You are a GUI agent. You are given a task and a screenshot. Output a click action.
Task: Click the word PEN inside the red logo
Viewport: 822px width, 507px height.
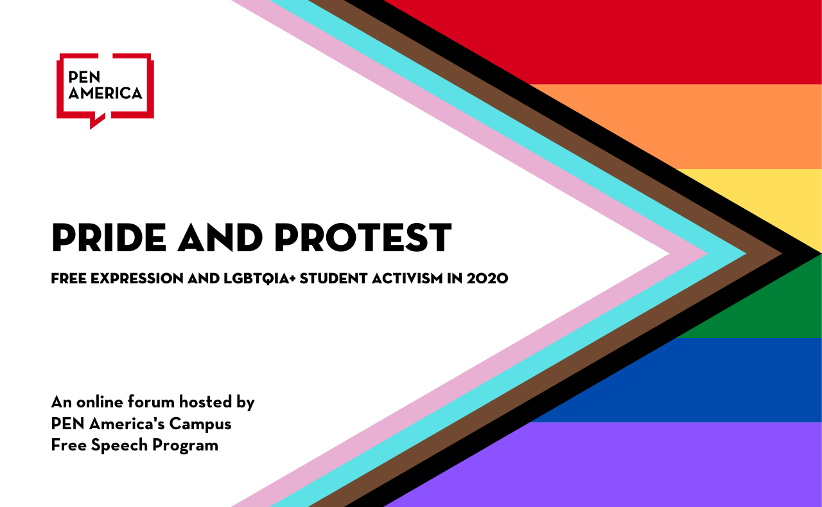pyautogui.click(x=82, y=78)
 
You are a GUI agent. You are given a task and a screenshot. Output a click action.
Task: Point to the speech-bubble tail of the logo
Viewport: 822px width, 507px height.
pyautogui.click(x=96, y=121)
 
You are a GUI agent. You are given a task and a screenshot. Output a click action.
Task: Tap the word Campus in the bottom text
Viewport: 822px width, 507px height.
pyautogui.click(x=205, y=424)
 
